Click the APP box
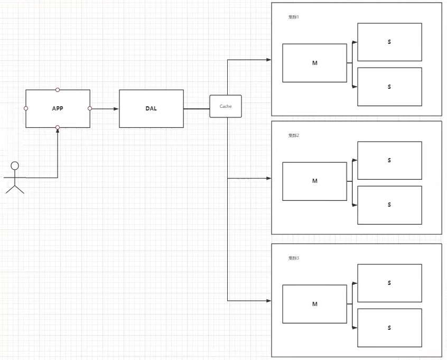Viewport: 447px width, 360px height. [x=58, y=108]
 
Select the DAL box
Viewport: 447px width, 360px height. [x=151, y=108]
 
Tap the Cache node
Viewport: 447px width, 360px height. [x=226, y=106]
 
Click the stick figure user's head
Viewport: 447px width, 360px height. [x=15, y=165]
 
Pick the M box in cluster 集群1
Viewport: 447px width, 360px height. [x=314, y=63]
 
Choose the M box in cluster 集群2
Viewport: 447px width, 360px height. [x=314, y=181]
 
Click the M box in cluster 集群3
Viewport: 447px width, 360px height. [x=314, y=304]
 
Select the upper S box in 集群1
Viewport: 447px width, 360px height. [x=389, y=42]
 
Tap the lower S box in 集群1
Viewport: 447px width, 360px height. [x=389, y=87]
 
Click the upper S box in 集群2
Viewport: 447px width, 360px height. [x=389, y=160]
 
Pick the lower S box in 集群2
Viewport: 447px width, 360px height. [x=389, y=205]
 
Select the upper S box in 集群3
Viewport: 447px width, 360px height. [x=389, y=283]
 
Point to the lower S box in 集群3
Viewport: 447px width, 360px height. [x=389, y=328]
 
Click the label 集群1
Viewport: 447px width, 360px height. [x=294, y=17]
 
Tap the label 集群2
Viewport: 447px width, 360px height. [x=294, y=135]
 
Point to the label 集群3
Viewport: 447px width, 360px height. [x=294, y=258]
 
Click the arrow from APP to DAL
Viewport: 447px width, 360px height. [x=105, y=109]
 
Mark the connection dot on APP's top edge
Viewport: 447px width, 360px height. [x=58, y=90]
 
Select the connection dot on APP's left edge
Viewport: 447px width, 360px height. [x=26, y=108]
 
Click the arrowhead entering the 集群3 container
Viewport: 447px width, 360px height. [x=269, y=301]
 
